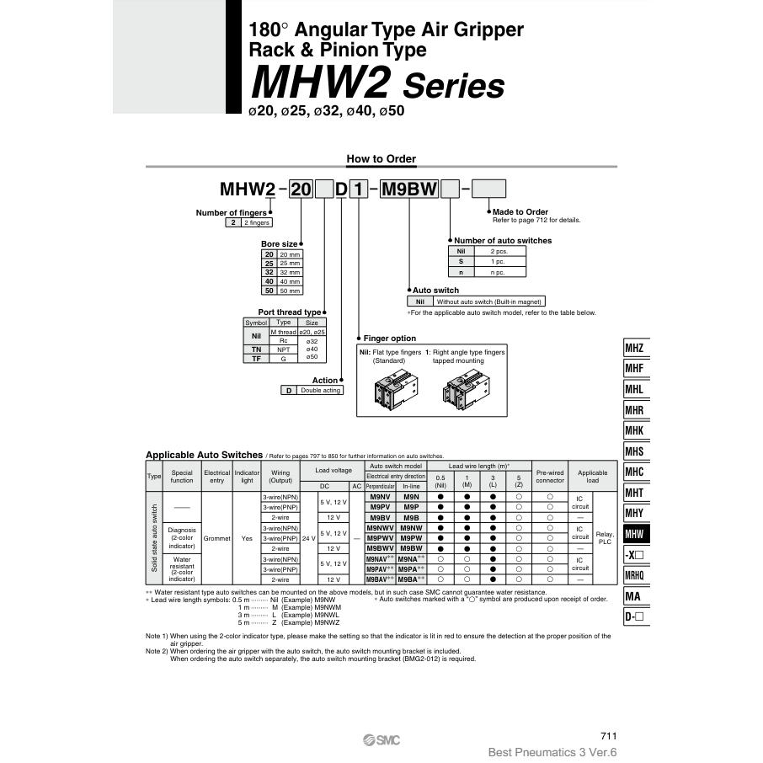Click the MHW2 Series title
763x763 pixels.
point(378,84)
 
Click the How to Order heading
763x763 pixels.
point(381,158)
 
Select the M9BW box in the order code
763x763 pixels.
point(409,189)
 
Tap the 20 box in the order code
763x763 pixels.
point(300,189)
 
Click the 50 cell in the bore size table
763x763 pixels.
point(269,291)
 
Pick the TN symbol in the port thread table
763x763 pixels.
point(256,349)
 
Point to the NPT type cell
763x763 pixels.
point(284,349)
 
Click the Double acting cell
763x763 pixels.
point(320,390)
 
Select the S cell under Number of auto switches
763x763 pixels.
point(461,261)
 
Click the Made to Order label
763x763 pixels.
point(520,211)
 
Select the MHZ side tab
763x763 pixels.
point(635,348)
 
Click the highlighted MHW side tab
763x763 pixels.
point(635,534)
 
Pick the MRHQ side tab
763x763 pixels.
point(635,575)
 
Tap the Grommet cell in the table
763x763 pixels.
point(216,537)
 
